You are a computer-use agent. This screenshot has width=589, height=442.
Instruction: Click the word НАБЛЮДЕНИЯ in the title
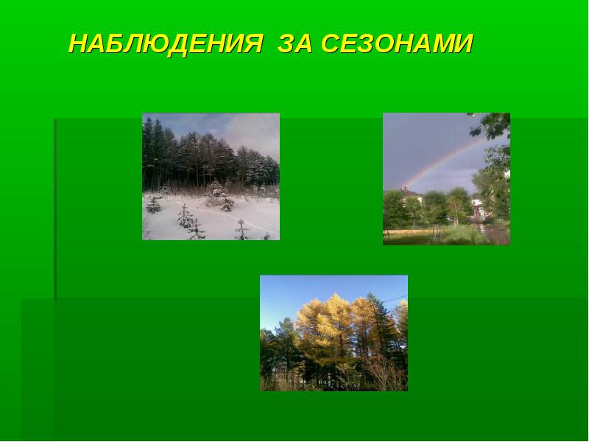click(x=166, y=44)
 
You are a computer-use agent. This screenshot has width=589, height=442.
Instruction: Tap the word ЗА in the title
click(x=295, y=43)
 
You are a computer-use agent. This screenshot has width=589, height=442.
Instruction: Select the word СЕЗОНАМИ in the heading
click(x=397, y=43)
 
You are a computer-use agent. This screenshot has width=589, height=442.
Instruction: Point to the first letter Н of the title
click(x=80, y=43)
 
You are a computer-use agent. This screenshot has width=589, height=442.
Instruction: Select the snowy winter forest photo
click(x=211, y=177)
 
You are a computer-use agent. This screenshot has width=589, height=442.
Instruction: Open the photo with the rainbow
click(x=446, y=179)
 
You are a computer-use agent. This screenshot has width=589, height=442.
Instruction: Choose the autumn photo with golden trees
click(x=334, y=333)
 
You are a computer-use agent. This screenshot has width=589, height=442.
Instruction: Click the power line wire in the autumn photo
click(x=395, y=299)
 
